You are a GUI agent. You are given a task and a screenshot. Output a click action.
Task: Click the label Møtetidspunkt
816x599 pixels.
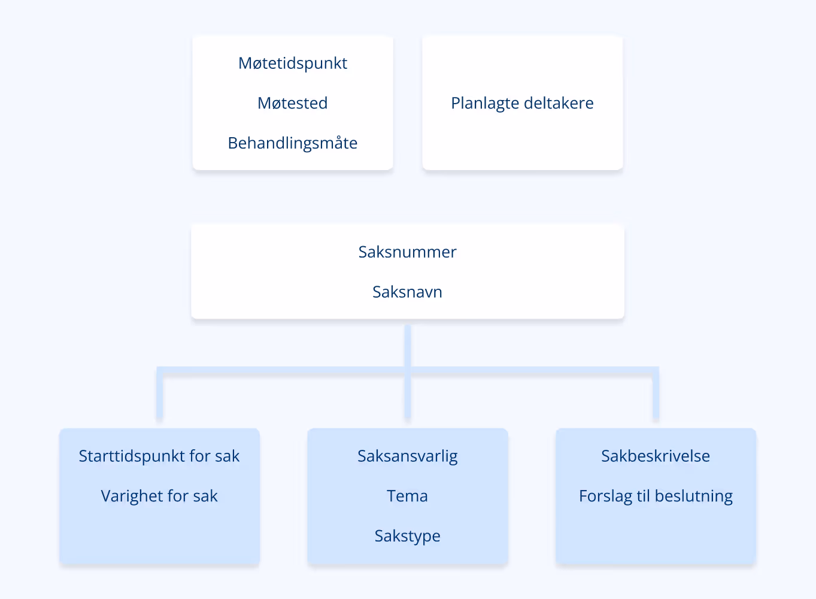293,63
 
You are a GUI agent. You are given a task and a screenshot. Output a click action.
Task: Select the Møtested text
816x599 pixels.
293,103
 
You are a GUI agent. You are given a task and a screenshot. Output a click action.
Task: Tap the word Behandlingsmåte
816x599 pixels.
293,143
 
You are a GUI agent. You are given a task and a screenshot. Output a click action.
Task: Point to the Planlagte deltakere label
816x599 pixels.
522,103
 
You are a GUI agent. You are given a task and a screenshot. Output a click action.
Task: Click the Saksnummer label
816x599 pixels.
407,252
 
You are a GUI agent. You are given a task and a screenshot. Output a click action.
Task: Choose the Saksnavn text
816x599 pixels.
407,292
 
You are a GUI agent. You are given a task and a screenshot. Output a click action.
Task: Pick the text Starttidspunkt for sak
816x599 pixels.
159,456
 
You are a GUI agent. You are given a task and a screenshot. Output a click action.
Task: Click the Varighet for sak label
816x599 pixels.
159,496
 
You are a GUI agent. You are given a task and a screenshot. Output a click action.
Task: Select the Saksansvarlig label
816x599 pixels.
407,456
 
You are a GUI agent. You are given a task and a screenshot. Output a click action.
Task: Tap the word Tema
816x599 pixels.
407,496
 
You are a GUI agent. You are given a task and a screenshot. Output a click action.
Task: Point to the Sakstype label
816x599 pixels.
407,536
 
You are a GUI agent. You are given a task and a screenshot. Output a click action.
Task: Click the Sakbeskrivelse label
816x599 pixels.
656,456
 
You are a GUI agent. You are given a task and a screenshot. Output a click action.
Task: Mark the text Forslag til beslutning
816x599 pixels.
656,496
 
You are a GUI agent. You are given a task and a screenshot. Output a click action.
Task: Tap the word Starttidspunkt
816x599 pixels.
132,456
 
